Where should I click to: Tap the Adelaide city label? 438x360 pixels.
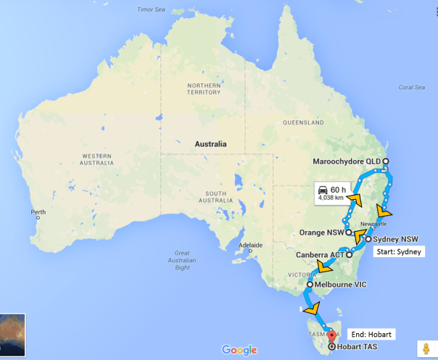tap(249, 244)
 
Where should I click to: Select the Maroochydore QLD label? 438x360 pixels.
tap(347, 161)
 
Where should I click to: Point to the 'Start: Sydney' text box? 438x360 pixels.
tap(397, 253)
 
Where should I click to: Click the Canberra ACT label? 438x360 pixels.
tap(320, 255)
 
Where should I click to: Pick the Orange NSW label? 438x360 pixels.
tap(321, 233)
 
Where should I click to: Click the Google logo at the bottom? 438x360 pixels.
tap(239, 350)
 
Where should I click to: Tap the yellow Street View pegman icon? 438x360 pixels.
tap(426, 348)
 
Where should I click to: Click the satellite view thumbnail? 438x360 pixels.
tap(13, 336)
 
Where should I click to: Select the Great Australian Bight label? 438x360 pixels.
tap(182, 260)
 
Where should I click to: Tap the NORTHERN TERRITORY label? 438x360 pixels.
tap(204, 89)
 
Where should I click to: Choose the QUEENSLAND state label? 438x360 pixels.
tap(304, 122)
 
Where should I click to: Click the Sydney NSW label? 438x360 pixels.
tap(396, 238)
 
